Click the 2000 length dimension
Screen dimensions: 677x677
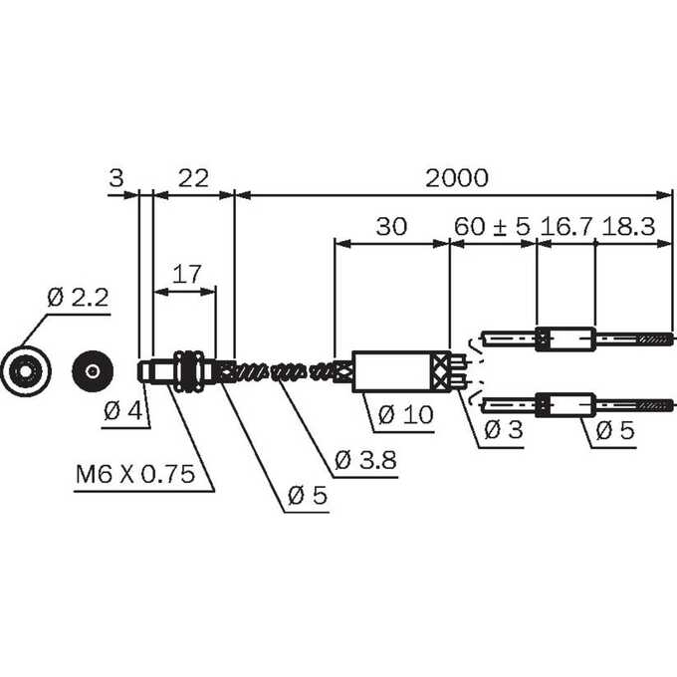457,178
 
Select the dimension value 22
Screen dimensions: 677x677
193,178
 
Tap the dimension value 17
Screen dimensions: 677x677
186,274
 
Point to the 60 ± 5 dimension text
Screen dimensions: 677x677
492,226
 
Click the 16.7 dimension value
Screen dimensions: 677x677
566,226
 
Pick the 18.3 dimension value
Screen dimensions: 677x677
628,226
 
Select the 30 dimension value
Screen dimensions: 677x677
391,226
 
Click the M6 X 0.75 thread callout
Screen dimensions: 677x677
135,474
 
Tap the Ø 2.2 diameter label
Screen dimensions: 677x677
78,298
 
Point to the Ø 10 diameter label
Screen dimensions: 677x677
405,415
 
